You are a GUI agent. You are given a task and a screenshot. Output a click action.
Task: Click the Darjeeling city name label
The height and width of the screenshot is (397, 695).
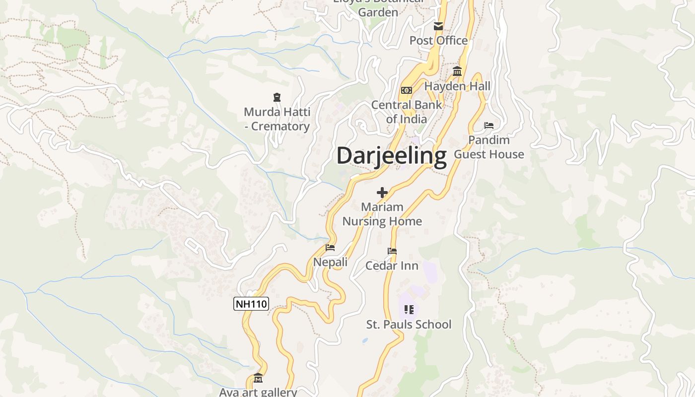pyautogui.click(x=391, y=156)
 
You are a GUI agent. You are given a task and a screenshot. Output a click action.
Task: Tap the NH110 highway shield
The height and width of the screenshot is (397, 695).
pyautogui.click(x=251, y=304)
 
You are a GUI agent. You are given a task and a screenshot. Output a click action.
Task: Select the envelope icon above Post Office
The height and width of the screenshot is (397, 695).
pyautogui.click(x=438, y=26)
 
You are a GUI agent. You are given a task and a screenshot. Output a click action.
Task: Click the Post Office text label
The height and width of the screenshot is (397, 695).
pyautogui.click(x=438, y=41)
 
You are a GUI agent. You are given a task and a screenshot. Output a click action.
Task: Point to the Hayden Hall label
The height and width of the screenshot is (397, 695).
pyautogui.click(x=457, y=86)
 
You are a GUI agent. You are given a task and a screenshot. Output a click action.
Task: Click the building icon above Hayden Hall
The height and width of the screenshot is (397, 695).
pyautogui.click(x=457, y=71)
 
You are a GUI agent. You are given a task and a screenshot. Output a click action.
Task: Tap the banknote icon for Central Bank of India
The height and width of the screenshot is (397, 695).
pyautogui.click(x=407, y=90)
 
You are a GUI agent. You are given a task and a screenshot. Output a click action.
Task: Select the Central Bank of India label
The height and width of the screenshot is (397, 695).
pyautogui.click(x=407, y=112)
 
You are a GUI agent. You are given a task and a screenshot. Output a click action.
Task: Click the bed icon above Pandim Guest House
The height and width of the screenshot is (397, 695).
pyautogui.click(x=489, y=126)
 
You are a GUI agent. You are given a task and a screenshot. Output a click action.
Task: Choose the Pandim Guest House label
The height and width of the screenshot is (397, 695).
pyautogui.click(x=489, y=147)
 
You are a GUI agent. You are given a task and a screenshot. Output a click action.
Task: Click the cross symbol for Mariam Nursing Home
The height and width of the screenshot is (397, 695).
pyautogui.click(x=382, y=193)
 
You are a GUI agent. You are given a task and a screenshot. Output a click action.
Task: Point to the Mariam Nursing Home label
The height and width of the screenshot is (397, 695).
pyautogui.click(x=382, y=214)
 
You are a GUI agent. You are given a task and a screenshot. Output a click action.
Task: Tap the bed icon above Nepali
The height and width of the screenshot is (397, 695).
pyautogui.click(x=330, y=248)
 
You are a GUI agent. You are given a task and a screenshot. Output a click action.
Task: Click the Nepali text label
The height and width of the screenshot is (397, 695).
pyautogui.click(x=330, y=262)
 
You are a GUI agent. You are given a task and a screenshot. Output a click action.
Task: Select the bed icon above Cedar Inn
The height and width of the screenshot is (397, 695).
pyautogui.click(x=392, y=251)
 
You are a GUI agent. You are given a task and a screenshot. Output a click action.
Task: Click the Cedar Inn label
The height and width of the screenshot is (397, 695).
pyautogui.click(x=392, y=266)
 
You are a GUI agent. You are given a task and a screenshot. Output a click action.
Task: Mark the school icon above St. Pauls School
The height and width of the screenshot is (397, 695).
pyautogui.click(x=409, y=310)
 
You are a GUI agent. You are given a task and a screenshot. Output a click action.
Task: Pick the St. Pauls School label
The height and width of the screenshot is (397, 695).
pyautogui.click(x=409, y=325)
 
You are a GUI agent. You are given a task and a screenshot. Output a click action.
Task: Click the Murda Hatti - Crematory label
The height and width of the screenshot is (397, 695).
pyautogui.click(x=277, y=119)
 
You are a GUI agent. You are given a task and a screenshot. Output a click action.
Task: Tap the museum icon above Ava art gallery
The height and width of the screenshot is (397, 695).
pyautogui.click(x=258, y=379)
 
